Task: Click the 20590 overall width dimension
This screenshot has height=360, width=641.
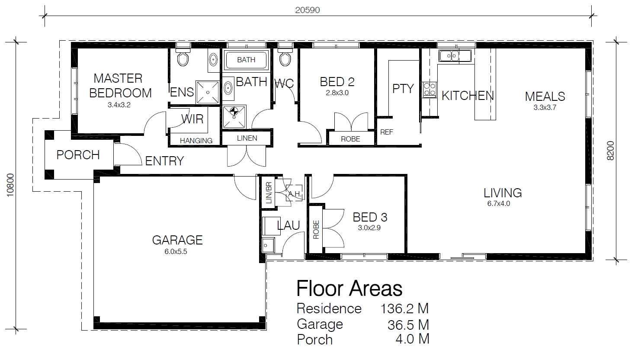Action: (308, 10)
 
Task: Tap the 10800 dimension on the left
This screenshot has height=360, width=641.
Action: (10, 185)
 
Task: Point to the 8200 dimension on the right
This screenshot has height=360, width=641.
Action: (610, 151)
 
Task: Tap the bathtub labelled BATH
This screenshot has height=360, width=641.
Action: (246, 60)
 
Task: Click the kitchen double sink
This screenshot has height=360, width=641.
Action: (455, 55)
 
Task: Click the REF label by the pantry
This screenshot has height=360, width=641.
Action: (386, 132)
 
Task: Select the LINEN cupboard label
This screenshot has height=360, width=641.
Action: (247, 138)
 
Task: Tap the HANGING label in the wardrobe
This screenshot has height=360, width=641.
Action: (196, 141)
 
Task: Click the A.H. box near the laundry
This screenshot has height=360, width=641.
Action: (294, 193)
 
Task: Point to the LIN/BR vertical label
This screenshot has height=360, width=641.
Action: (269, 193)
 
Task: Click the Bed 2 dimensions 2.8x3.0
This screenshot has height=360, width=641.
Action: (337, 93)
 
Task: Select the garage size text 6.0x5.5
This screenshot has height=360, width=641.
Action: (176, 251)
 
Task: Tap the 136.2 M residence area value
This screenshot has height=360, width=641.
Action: (404, 309)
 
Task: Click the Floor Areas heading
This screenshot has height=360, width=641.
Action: (349, 288)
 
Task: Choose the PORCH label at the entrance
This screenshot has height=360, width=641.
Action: (78, 155)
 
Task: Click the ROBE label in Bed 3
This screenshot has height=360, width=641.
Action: (316, 229)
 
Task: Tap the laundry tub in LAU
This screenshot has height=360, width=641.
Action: (268, 245)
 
